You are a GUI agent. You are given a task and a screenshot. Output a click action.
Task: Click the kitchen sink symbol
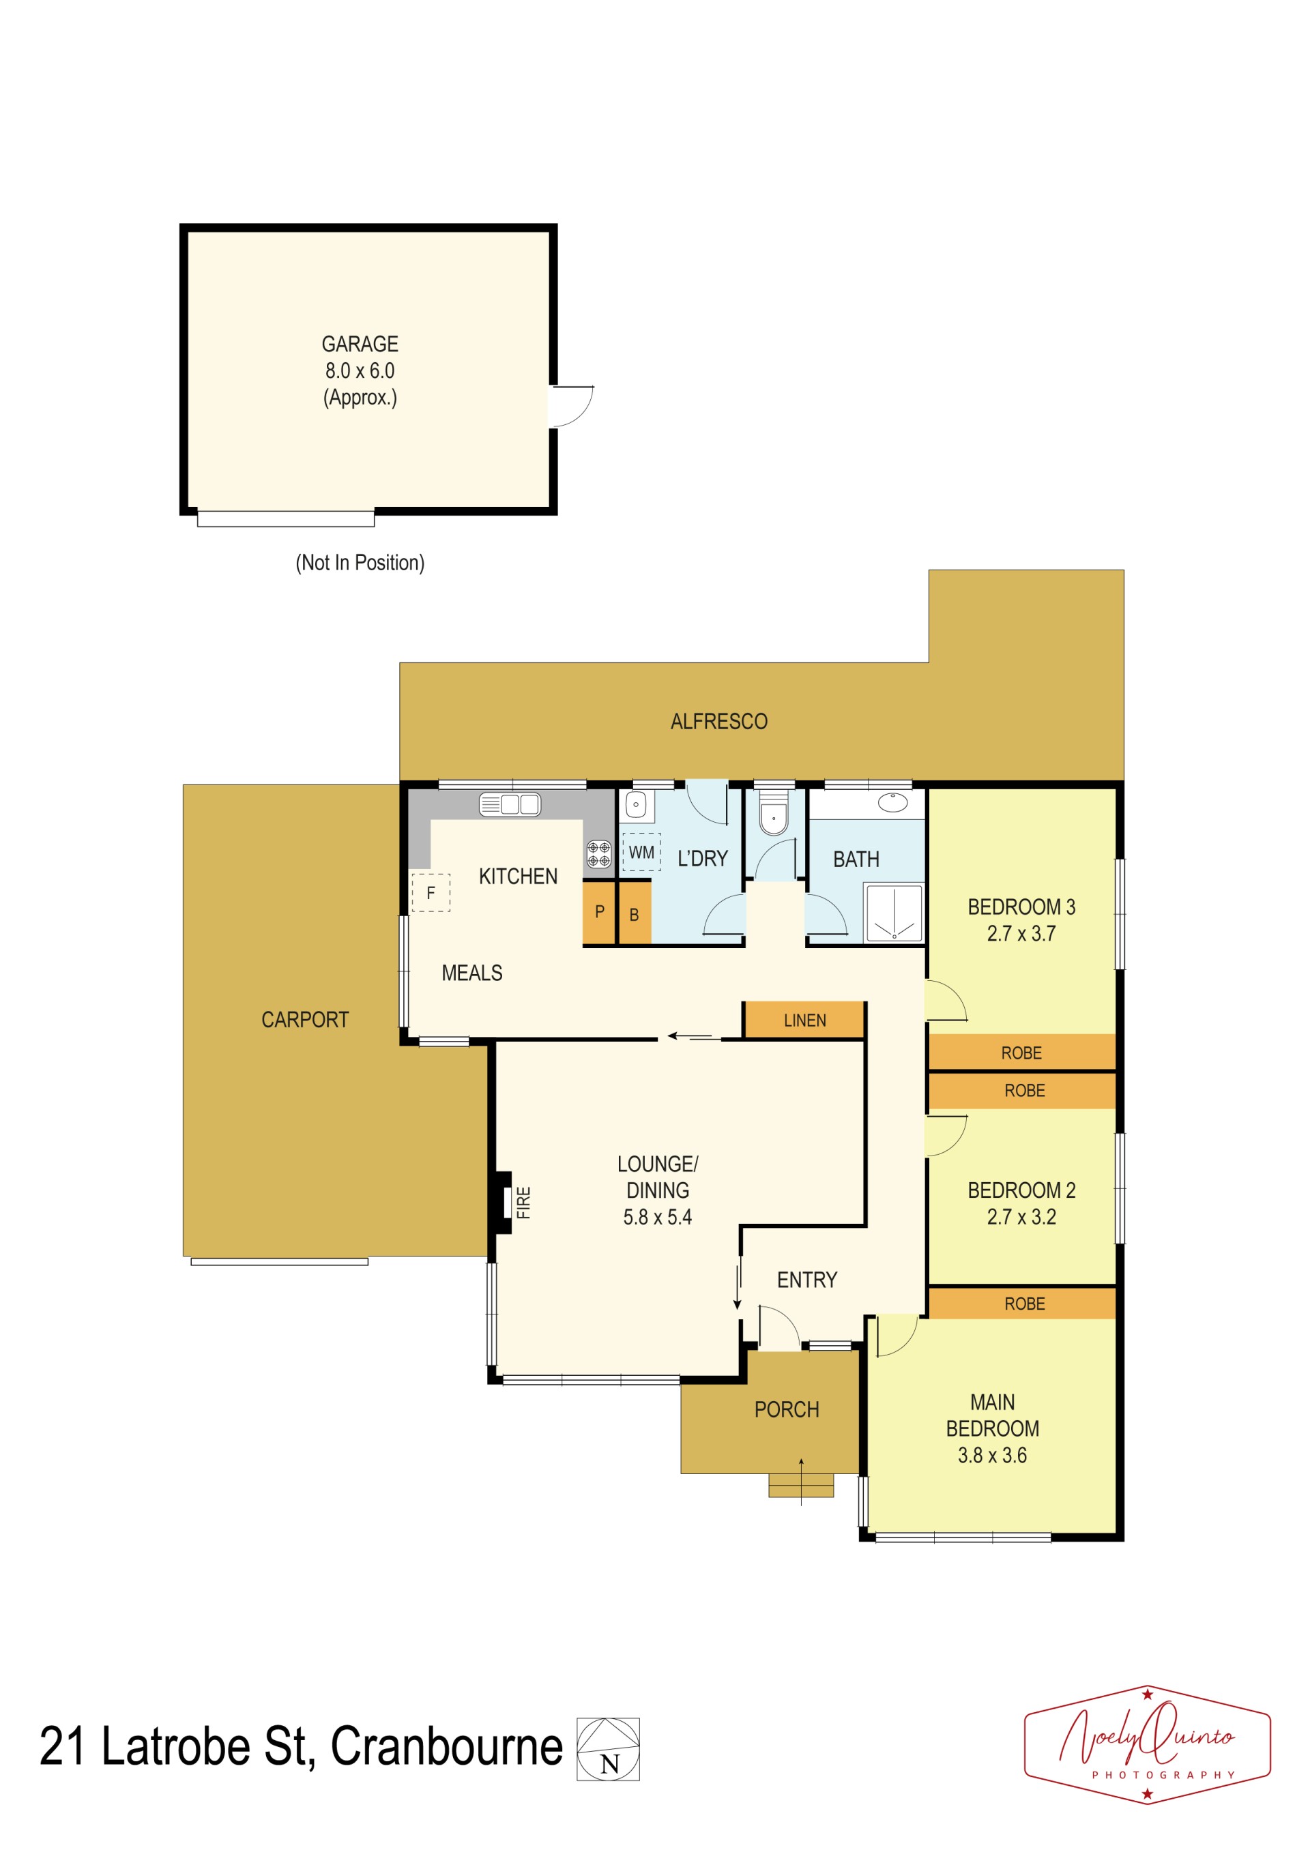click(510, 804)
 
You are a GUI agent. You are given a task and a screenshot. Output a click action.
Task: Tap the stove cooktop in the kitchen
click(598, 854)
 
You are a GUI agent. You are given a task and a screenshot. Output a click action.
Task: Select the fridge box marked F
click(431, 892)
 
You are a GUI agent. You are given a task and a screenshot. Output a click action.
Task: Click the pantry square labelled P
click(599, 912)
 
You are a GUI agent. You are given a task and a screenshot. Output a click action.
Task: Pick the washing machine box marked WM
click(641, 853)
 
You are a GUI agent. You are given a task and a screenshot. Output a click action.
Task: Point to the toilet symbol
click(774, 814)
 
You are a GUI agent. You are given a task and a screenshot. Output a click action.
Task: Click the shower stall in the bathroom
click(893, 912)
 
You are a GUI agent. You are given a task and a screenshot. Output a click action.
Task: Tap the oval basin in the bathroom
click(893, 803)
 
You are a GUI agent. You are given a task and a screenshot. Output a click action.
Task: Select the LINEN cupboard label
click(805, 1020)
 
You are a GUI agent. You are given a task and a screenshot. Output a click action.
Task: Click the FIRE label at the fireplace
click(523, 1202)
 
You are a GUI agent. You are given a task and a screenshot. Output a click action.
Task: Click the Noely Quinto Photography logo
click(1147, 1745)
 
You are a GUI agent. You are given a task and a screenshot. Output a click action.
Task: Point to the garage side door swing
click(571, 407)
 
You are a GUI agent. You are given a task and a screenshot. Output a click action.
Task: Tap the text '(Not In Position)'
click(360, 563)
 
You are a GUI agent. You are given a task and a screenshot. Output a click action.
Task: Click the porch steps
click(801, 1485)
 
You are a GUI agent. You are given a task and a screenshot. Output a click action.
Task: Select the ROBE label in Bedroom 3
click(1021, 1053)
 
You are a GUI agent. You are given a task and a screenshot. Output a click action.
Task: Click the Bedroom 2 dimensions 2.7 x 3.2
click(1021, 1217)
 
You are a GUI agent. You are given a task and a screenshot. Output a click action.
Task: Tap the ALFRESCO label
click(718, 721)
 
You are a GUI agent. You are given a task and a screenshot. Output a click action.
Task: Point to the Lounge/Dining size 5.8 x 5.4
click(658, 1217)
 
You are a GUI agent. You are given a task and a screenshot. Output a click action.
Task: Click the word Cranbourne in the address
click(447, 1747)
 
